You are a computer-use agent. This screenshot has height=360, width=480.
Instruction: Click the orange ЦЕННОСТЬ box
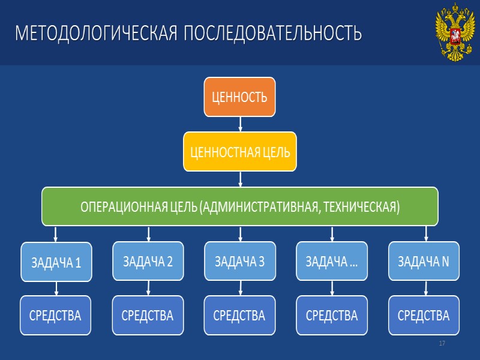[x=239, y=97]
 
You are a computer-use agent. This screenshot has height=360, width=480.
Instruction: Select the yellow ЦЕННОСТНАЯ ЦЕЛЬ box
[x=239, y=151]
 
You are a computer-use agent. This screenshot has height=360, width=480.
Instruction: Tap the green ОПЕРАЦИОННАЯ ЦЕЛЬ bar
[x=239, y=206]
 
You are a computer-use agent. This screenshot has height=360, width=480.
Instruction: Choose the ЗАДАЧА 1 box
[x=56, y=262]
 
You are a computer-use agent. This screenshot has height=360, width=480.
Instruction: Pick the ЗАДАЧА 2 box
[x=148, y=261]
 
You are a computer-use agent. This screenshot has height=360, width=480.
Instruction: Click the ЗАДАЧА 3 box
[x=239, y=261]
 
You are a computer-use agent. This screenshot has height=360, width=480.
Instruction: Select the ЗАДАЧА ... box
[x=332, y=261]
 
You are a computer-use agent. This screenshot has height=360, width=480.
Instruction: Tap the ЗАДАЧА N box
[x=424, y=261]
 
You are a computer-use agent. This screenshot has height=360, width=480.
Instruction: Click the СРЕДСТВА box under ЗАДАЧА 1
[x=56, y=315]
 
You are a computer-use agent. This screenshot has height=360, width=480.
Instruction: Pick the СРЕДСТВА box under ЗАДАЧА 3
[x=239, y=315]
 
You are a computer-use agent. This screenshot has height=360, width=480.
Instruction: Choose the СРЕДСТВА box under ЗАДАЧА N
[x=424, y=315]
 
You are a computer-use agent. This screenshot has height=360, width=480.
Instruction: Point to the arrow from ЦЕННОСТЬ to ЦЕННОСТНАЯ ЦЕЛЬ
[x=240, y=124]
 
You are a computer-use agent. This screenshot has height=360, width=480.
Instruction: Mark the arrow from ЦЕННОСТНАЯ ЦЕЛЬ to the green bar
[x=240, y=179]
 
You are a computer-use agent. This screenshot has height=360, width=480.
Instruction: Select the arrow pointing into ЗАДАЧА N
[x=426, y=234]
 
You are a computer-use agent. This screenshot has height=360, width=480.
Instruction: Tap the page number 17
[x=442, y=343]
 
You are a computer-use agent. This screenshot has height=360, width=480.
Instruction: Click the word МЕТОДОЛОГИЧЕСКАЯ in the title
[x=95, y=33]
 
